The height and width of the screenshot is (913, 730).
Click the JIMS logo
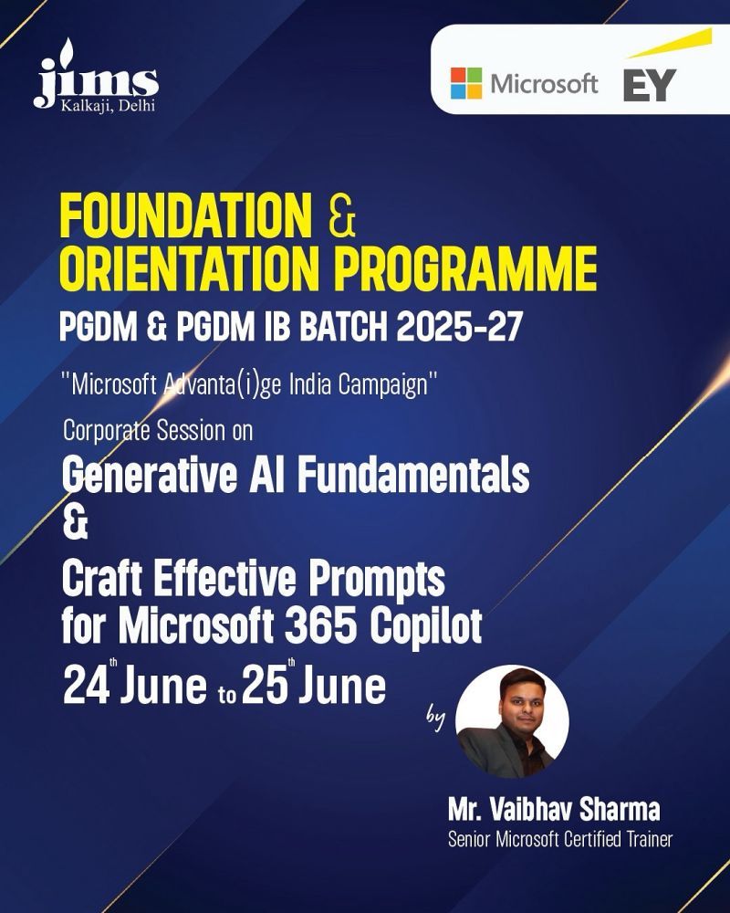point(96,76)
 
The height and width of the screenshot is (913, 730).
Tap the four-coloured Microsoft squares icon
point(466,83)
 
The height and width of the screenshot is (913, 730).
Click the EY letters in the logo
point(649,85)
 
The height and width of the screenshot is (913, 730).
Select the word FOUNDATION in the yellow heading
point(186,215)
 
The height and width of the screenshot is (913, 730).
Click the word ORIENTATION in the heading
point(190,268)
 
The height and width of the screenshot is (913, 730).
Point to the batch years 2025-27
point(459,327)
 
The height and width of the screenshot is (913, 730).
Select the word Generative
point(150,475)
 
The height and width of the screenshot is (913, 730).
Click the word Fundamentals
point(413,474)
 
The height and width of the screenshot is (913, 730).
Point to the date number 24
point(86,686)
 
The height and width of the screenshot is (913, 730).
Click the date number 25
point(265,686)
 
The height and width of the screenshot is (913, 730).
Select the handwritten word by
point(435,718)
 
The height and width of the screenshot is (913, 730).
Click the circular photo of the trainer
point(512,721)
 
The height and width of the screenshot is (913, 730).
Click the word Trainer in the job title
point(650,839)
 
